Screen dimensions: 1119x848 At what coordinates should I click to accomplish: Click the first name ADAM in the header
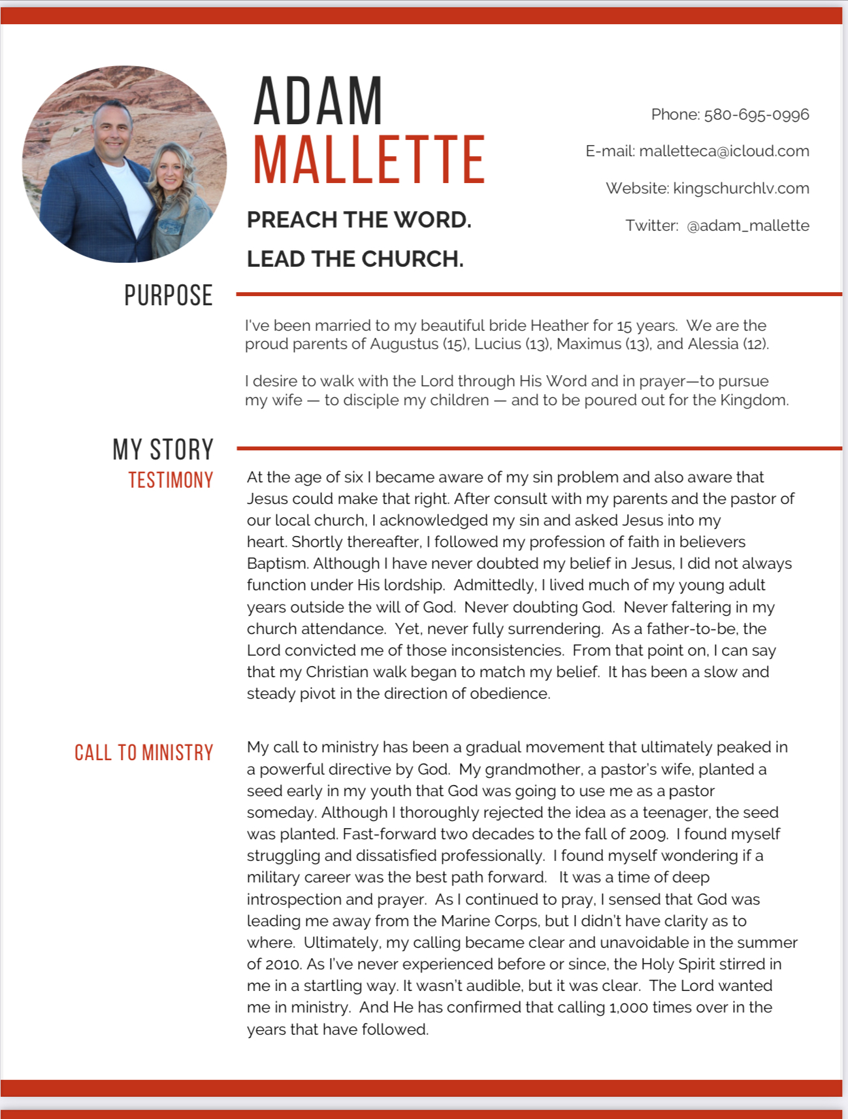click(x=318, y=101)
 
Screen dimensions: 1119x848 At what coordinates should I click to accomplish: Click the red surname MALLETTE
click(x=369, y=160)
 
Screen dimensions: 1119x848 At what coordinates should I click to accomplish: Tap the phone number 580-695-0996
click(x=756, y=115)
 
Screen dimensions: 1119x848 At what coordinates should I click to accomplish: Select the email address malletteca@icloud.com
click(x=724, y=152)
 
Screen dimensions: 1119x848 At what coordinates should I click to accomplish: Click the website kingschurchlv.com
click(x=741, y=189)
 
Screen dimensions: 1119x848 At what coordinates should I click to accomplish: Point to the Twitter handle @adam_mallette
click(x=747, y=226)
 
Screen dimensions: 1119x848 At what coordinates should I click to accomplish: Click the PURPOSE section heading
click(x=169, y=295)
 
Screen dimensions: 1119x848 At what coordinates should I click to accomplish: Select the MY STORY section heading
click(x=163, y=450)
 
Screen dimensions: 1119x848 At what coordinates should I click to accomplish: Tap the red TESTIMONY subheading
click(x=171, y=480)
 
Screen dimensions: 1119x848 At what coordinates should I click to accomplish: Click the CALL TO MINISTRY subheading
click(x=144, y=753)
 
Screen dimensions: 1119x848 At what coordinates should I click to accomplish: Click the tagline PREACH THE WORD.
click(x=359, y=220)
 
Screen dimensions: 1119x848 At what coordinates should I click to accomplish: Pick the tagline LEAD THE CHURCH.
click(x=355, y=259)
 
